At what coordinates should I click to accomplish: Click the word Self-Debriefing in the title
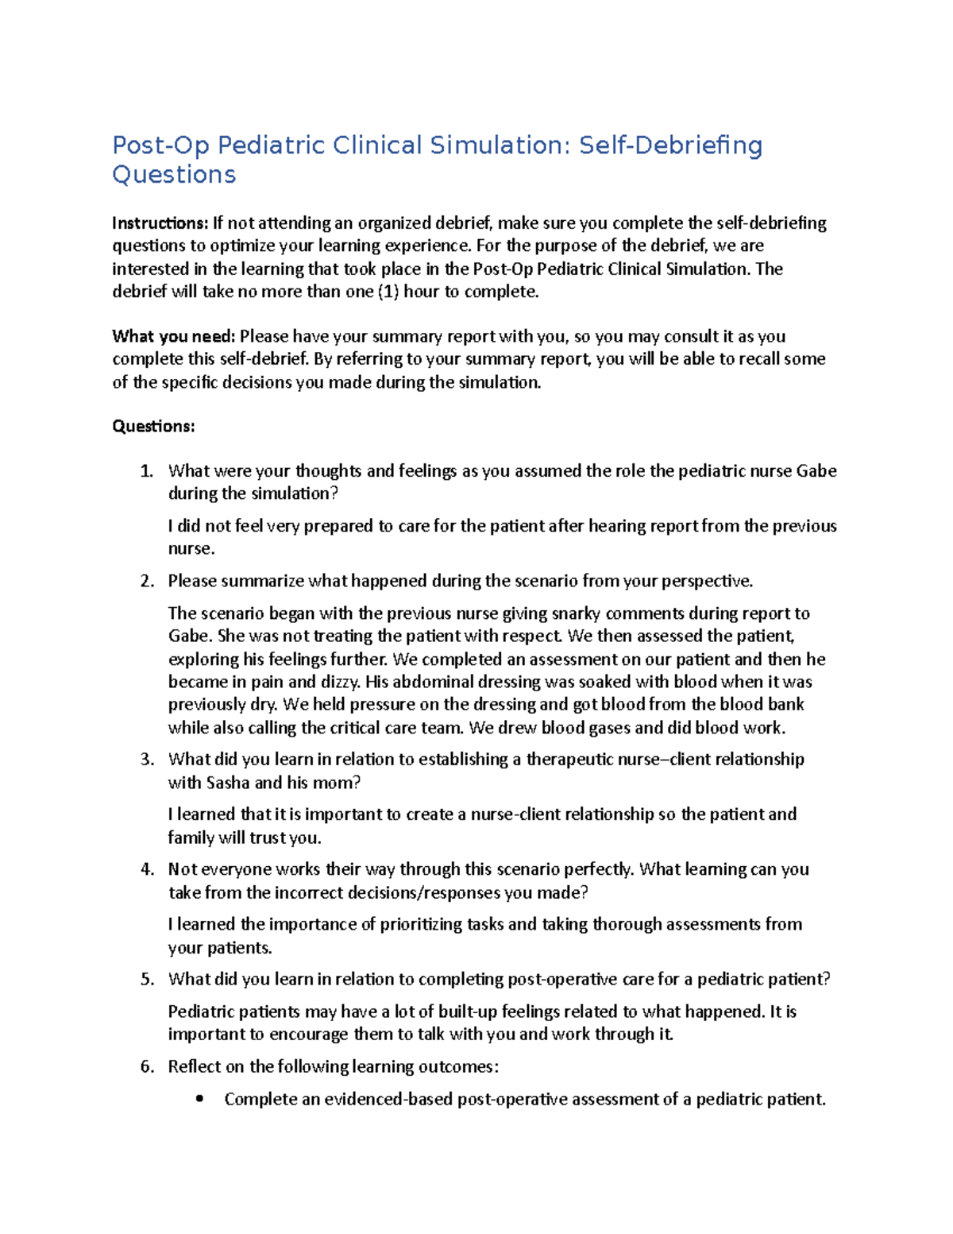(670, 146)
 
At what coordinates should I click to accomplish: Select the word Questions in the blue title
(174, 175)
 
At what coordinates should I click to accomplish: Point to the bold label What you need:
(173, 337)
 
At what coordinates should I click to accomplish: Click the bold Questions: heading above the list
(153, 427)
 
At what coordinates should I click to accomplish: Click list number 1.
(146, 471)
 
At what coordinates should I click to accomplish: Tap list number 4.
(146, 869)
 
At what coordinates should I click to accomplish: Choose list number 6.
(146, 1066)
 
